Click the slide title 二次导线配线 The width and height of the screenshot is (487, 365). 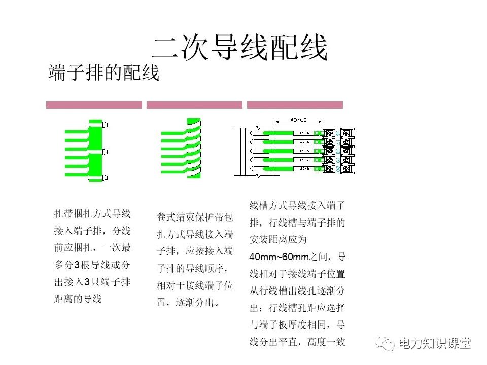point(239,48)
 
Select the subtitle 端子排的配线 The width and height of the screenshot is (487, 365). point(103,73)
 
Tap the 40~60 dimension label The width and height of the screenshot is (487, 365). point(298,120)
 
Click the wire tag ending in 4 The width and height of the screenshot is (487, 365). point(304,133)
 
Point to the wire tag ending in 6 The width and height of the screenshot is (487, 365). point(304,151)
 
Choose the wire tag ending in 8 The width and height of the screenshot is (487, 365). point(304,168)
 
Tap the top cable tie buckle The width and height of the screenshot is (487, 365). point(105,124)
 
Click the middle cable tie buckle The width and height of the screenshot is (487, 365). point(105,151)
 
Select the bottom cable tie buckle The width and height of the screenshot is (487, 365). point(105,177)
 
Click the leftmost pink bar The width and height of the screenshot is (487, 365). point(94,105)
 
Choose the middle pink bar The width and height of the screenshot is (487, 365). point(194,105)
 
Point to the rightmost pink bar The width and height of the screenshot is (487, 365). point(295,105)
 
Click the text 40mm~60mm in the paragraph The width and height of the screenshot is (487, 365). point(280,257)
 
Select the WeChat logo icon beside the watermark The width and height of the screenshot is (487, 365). point(386,344)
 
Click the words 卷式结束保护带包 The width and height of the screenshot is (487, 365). point(195,217)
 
